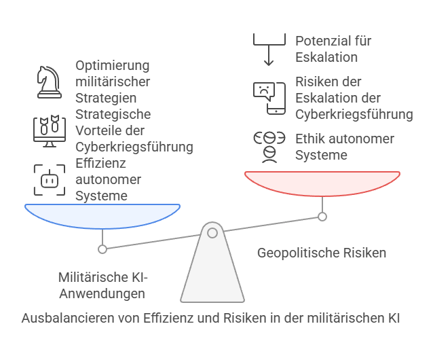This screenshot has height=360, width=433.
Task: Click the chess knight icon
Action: click(50, 82)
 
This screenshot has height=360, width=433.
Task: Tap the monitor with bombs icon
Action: click(50, 131)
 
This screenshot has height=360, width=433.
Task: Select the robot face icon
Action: click(50, 180)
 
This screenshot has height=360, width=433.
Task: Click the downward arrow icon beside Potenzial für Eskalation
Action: click(269, 50)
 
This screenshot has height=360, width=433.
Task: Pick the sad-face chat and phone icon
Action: click(269, 98)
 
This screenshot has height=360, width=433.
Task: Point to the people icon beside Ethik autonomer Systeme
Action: click(269, 147)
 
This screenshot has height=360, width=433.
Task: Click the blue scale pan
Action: click(102, 216)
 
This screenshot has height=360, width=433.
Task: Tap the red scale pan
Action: click(322, 183)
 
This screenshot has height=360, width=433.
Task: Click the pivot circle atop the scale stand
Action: click(212, 233)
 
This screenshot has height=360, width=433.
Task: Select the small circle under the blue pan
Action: click(102, 249)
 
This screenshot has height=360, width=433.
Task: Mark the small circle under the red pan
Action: click(322, 217)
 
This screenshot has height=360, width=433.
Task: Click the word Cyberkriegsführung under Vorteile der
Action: click(134, 147)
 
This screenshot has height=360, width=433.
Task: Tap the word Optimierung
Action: click(113, 66)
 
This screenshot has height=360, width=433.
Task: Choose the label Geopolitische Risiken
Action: click(322, 253)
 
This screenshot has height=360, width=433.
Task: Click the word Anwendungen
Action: click(102, 293)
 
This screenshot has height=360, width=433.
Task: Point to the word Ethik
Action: click(309, 139)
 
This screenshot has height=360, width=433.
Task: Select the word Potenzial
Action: click(320, 41)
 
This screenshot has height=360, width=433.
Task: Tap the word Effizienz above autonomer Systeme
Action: click(101, 163)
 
